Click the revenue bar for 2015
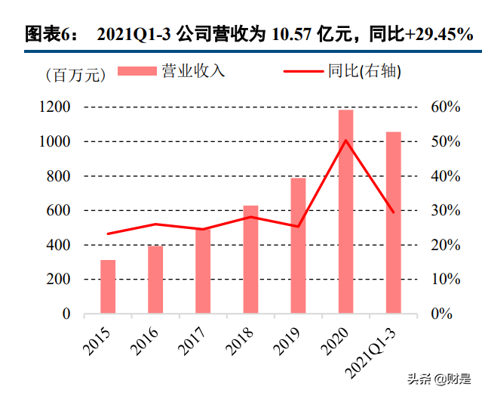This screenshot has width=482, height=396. pos(108,286)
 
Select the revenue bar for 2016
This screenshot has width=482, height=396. pos(155,279)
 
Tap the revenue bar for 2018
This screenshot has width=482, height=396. pos(250,259)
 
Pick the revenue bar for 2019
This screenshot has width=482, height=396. pos(298,246)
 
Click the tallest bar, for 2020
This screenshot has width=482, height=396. pos(345,212)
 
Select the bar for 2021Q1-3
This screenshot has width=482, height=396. pos(393,222)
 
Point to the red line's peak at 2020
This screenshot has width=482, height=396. pos(345,140)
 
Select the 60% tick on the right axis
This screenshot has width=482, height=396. pos(445,107)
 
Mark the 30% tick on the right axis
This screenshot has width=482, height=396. pos(445,211)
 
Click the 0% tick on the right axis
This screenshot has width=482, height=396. pos(441,314)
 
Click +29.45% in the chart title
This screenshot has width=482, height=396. pos(433,34)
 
